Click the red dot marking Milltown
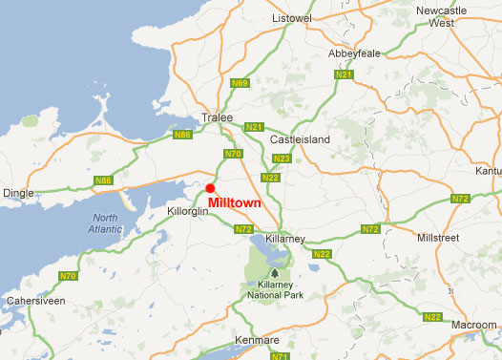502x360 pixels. tap(210, 188)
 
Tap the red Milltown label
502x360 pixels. tap(234, 203)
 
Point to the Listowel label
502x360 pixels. tap(292, 18)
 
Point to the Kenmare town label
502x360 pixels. tap(256, 341)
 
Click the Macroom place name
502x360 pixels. tap(474, 326)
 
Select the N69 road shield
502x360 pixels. tap(241, 84)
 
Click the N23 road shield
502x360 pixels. tap(281, 159)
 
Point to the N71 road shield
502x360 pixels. tap(279, 356)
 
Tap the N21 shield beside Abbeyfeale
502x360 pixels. tap(345, 74)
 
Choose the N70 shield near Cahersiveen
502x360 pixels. tap(69, 277)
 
